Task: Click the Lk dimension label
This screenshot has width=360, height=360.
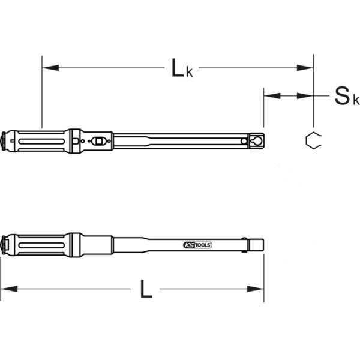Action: point(182,68)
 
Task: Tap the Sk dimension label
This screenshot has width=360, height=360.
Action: point(347,96)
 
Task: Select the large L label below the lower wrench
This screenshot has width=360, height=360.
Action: point(146,289)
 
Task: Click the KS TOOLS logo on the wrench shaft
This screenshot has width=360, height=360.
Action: point(197,245)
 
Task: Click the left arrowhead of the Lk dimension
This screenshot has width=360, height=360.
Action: point(50,68)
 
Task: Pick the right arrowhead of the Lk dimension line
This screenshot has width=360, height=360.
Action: point(305,68)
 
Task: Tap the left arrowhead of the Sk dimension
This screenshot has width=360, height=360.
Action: point(272,96)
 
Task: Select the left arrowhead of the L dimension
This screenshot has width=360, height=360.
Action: point(9,289)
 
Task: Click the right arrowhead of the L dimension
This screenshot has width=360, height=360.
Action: point(256,289)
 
